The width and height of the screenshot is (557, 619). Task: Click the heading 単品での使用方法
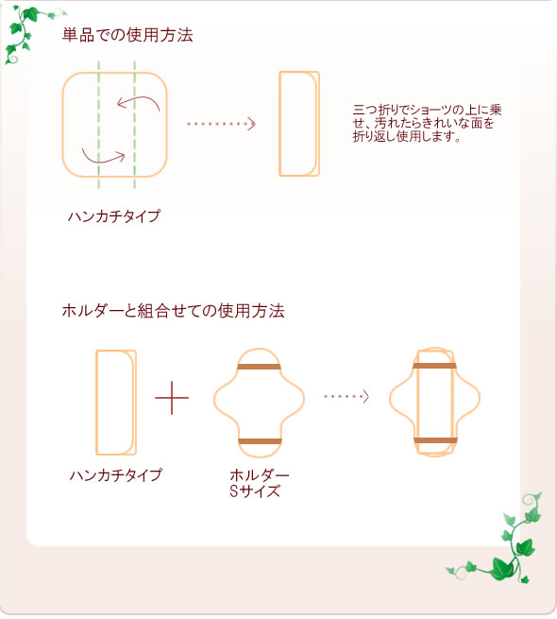(x=127, y=36)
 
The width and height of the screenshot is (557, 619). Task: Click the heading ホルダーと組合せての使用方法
(x=173, y=310)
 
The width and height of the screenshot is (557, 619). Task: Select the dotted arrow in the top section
(x=221, y=123)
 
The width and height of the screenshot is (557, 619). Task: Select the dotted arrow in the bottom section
(x=346, y=397)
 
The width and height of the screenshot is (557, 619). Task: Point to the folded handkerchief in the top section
(x=298, y=124)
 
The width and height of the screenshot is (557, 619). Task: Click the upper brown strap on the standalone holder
(x=260, y=367)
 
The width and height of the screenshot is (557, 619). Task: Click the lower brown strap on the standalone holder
(x=260, y=441)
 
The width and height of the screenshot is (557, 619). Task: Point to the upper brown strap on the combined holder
(x=435, y=365)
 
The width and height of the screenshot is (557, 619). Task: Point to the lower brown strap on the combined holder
(x=435, y=440)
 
